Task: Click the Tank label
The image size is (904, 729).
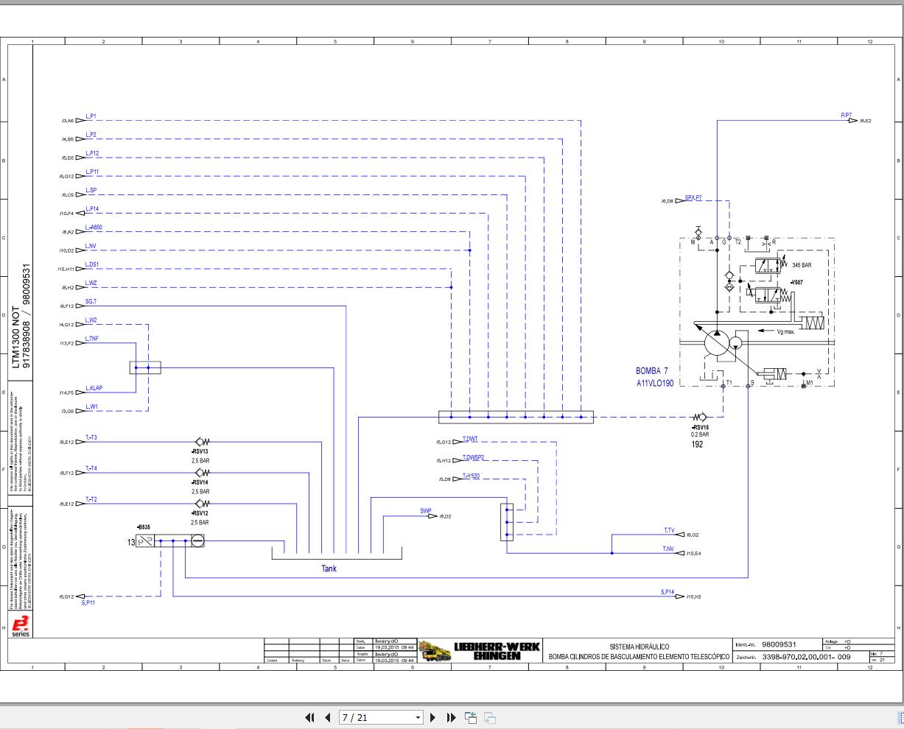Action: tap(329, 568)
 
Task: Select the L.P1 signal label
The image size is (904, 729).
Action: tap(91, 116)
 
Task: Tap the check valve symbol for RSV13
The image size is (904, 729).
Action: tap(201, 442)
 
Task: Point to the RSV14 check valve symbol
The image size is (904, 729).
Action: tap(201, 473)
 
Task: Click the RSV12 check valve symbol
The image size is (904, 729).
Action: tap(201, 504)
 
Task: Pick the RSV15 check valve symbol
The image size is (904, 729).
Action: tap(699, 418)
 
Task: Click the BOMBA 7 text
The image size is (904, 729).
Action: tap(651, 371)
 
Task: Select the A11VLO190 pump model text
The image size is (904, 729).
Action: tap(655, 384)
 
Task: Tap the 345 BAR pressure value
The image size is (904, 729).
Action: tap(802, 265)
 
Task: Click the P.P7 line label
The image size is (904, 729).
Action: tap(847, 116)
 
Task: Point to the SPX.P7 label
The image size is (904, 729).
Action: tap(693, 197)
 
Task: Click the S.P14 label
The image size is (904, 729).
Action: tap(667, 592)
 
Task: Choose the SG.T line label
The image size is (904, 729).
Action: tap(91, 302)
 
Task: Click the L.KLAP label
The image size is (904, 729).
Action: tap(94, 388)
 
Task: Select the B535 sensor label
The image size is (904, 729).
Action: tap(143, 527)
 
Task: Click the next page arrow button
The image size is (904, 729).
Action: tap(433, 717)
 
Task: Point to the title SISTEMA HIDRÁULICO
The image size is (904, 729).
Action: tap(639, 647)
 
